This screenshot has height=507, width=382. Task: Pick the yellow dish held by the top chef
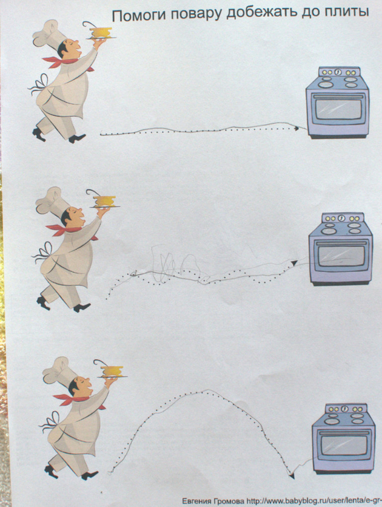click(101, 32)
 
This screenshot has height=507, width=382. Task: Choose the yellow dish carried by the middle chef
click(104, 201)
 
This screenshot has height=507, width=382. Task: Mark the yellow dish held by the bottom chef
click(111, 371)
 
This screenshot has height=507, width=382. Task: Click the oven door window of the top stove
click(338, 109)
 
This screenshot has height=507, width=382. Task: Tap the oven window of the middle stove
click(341, 255)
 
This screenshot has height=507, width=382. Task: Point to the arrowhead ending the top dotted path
click(296, 128)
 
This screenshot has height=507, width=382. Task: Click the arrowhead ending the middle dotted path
click(294, 263)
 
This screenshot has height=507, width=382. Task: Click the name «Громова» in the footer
click(228, 501)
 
